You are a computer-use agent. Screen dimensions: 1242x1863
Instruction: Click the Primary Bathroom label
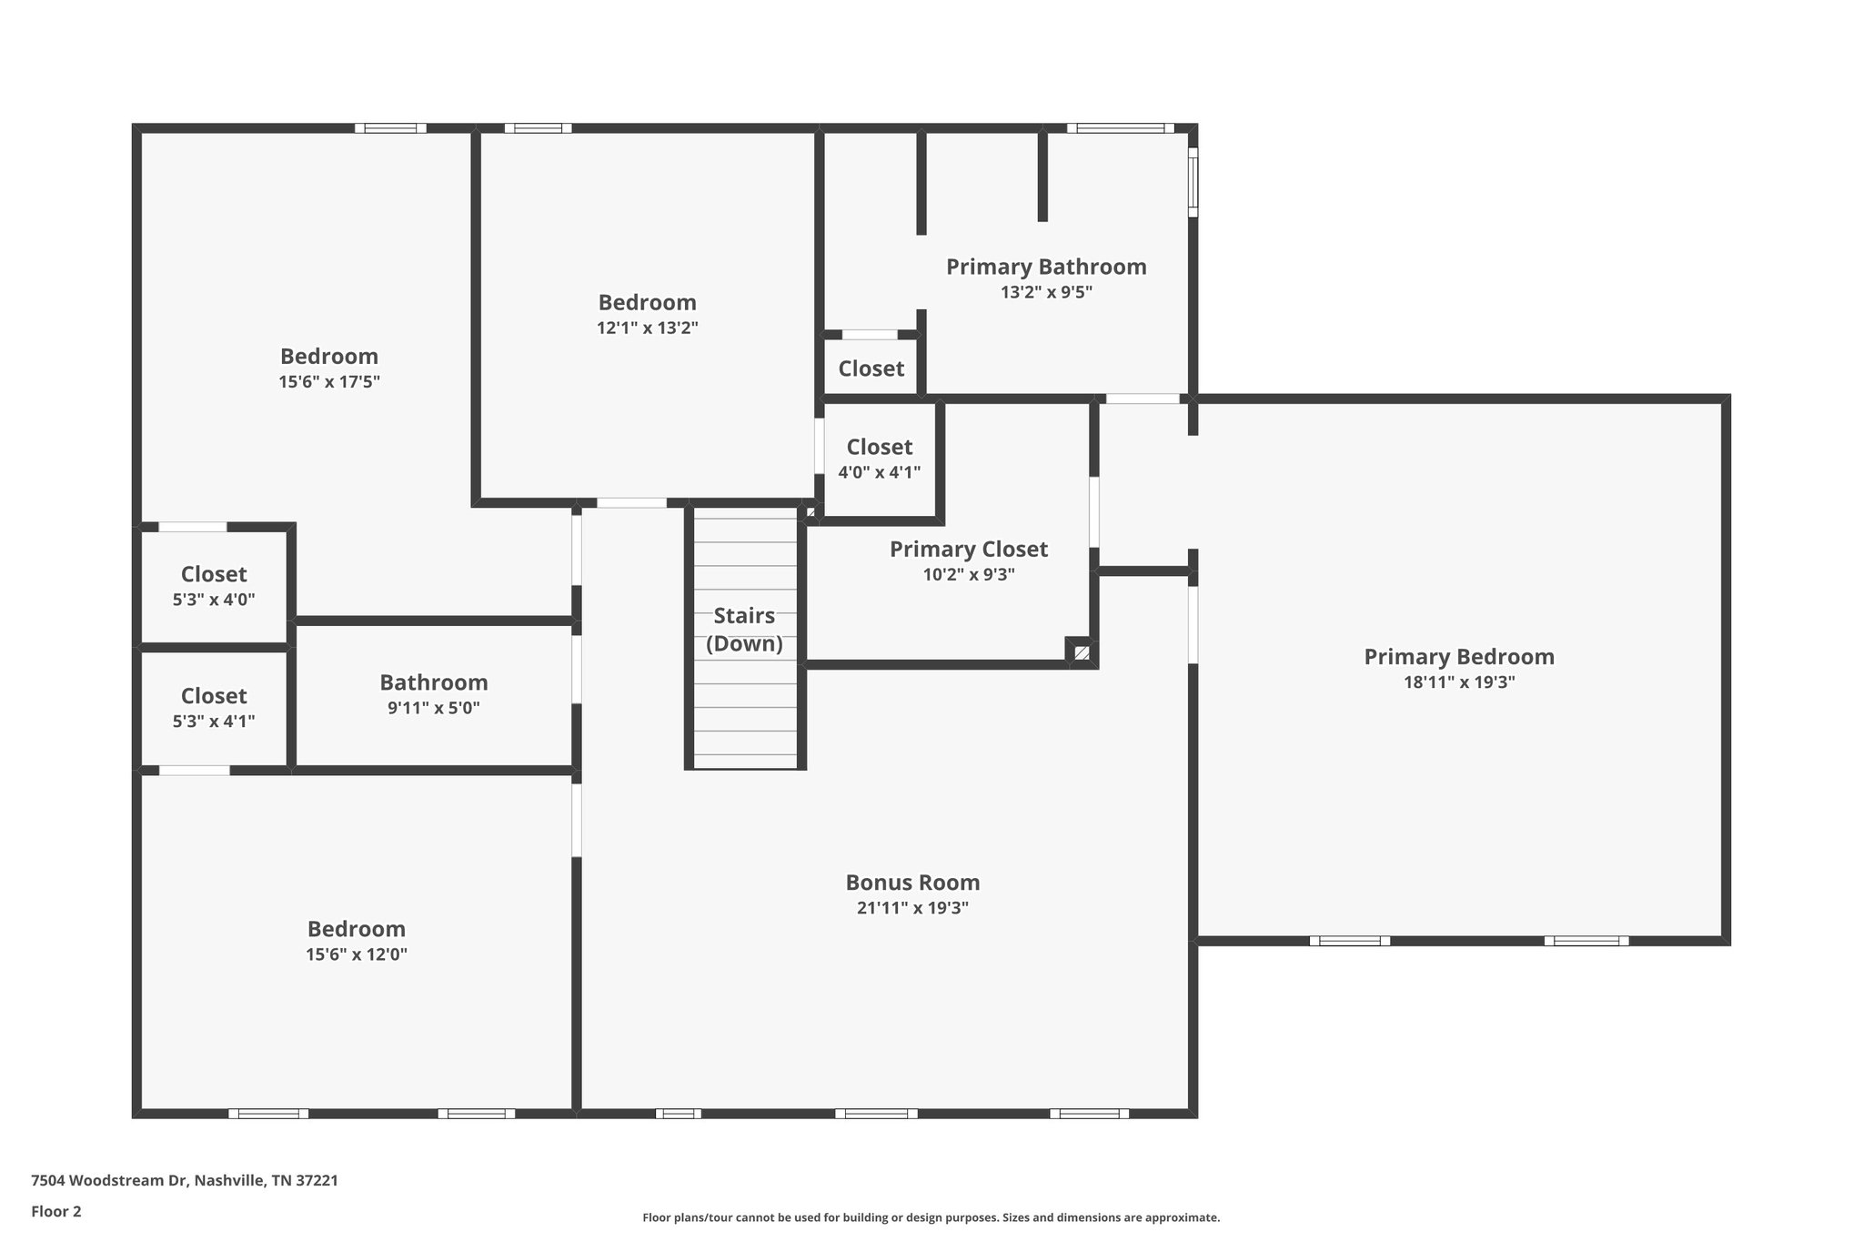(1046, 267)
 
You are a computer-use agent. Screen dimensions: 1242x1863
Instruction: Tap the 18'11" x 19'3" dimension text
(1458, 682)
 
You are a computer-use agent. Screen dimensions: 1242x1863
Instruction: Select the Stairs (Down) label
(744, 630)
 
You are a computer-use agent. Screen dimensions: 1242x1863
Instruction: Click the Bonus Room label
(912, 883)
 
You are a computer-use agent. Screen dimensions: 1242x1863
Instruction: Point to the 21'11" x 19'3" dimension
(912, 908)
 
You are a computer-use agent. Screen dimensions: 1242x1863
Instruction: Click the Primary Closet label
(968, 550)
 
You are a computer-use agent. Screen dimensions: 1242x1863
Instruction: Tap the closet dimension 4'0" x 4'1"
(879, 472)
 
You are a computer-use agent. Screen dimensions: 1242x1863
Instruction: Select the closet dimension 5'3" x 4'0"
(214, 600)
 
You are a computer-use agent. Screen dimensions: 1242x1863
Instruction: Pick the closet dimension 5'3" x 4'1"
(214, 722)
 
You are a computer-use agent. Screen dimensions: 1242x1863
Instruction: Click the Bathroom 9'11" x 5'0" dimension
(433, 708)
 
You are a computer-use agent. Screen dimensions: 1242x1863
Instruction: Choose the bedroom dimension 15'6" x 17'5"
(328, 382)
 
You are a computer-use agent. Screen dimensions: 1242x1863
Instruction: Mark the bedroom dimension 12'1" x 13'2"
(647, 328)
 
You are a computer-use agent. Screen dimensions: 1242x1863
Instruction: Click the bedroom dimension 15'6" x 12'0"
(356, 954)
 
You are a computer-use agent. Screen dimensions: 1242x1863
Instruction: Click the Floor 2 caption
(56, 1211)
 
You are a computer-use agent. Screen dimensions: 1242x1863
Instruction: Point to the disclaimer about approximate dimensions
(931, 1217)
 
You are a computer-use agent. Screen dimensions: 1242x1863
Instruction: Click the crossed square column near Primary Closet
(1081, 651)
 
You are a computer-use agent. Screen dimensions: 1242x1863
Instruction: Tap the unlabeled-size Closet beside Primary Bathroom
(871, 369)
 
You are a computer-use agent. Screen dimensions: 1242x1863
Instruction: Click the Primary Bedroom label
(1458, 657)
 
